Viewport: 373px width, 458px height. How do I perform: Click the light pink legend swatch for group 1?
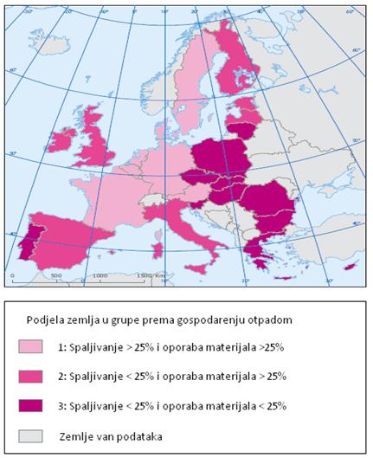29,346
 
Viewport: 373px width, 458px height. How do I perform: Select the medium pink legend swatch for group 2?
29,376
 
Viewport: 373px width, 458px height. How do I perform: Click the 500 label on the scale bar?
55,276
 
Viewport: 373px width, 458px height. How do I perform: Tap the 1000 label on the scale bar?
99,276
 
